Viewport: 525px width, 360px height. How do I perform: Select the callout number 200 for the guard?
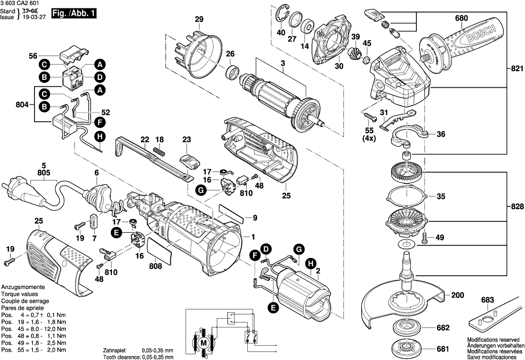tap(457, 295)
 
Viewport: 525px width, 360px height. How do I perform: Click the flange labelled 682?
tap(408, 327)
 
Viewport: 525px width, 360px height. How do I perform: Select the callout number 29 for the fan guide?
tap(199, 20)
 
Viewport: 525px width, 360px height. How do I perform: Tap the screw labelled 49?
tap(427, 238)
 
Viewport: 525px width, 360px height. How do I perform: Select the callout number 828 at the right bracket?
tap(516, 207)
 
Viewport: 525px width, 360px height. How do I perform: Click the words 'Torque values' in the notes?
tap(17, 294)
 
